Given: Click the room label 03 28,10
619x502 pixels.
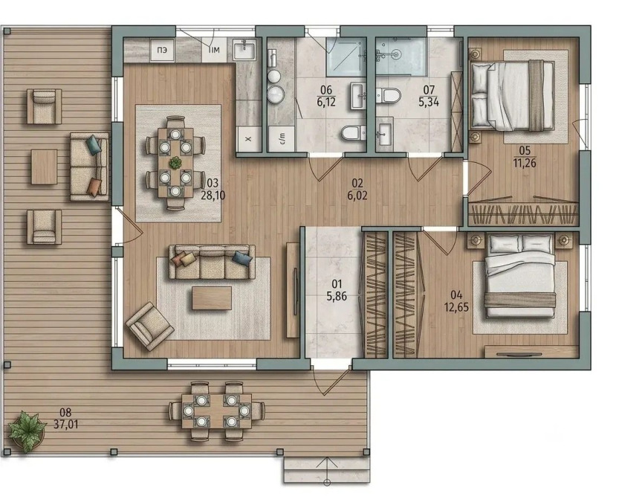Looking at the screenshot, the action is [x=213, y=189].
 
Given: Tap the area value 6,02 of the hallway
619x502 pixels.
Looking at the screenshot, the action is [x=357, y=195].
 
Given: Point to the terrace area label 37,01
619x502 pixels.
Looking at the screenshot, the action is [x=65, y=424].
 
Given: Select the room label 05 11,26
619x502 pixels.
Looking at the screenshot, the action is [x=525, y=157].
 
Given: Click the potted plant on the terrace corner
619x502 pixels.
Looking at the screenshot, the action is [x=27, y=431].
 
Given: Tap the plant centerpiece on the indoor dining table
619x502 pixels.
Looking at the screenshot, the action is [x=175, y=161].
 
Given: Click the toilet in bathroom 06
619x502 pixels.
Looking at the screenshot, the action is [x=353, y=132].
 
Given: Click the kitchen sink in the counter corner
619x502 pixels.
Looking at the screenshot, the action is [x=244, y=49].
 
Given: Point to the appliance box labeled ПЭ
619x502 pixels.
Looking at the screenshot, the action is [x=162, y=50].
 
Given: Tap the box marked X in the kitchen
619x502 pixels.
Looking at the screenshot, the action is [x=248, y=138].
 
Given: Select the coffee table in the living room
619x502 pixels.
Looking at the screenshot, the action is [x=212, y=298].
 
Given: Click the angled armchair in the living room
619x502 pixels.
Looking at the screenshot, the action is [x=149, y=326].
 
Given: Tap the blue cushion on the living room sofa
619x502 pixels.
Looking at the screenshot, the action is [x=242, y=258].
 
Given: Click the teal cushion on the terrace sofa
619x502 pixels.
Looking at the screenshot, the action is [x=94, y=144].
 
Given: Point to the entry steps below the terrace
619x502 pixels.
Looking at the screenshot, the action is [x=327, y=470].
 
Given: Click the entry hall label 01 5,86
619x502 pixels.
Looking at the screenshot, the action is [x=337, y=290].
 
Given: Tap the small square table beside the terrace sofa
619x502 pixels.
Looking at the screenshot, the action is [x=45, y=167].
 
